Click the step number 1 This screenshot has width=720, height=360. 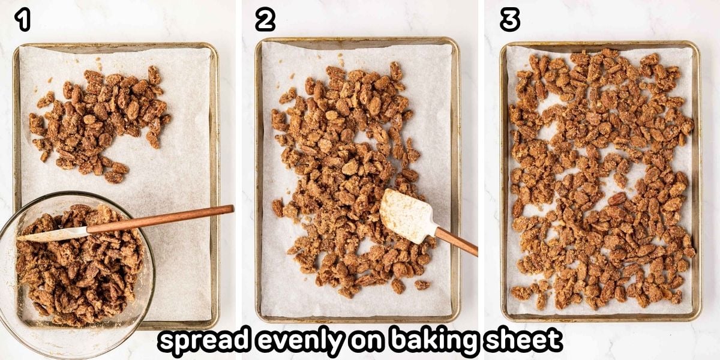pyautogui.click(x=23, y=20)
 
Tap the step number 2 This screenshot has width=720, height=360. pyautogui.click(x=265, y=20)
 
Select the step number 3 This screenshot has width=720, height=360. pyautogui.click(x=509, y=20)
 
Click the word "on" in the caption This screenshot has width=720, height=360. pyautogui.click(x=368, y=341)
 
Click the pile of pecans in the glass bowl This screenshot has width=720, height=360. pyautogui.click(x=78, y=270)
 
